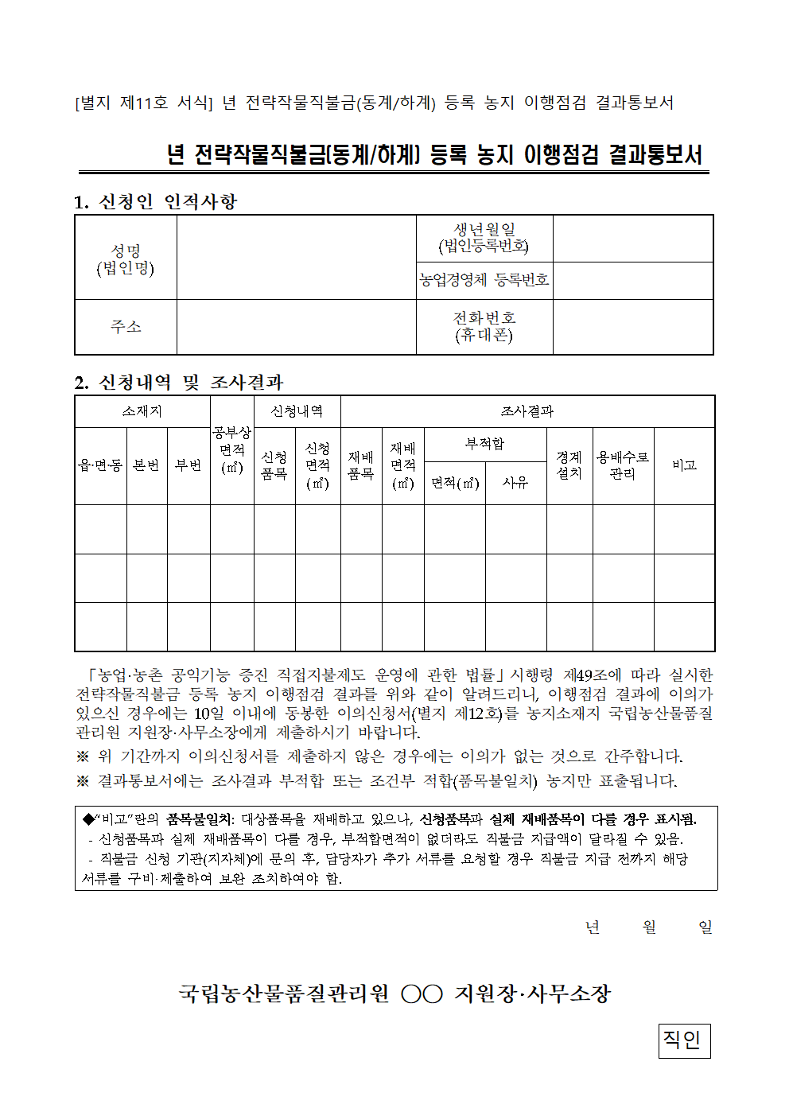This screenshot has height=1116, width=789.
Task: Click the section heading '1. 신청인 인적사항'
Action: (156, 202)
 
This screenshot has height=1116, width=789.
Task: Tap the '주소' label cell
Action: (126, 327)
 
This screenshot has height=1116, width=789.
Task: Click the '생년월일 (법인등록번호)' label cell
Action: (484, 238)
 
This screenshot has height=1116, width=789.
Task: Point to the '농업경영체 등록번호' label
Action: (484, 280)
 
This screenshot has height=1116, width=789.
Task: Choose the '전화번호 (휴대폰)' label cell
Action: (484, 326)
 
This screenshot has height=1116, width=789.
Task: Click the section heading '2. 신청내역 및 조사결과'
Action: (179, 383)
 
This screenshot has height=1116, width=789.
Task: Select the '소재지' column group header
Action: (142, 411)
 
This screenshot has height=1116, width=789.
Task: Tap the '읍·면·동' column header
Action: (101, 465)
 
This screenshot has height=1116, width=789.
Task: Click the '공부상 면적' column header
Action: (231, 449)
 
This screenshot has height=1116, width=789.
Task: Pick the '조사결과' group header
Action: (527, 411)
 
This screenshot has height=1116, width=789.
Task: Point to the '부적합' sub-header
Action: (484, 444)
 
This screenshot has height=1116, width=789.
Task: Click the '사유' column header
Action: (515, 482)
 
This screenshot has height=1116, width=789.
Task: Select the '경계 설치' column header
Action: (569, 465)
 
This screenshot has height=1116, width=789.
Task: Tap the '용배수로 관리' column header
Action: (623, 465)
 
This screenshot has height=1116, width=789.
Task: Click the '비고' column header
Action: (684, 465)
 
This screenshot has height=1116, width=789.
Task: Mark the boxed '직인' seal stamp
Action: (683, 1040)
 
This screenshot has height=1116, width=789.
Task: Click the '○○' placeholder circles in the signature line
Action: (422, 994)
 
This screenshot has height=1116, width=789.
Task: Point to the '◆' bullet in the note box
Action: (88, 819)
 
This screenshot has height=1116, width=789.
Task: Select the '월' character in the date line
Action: (649, 927)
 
